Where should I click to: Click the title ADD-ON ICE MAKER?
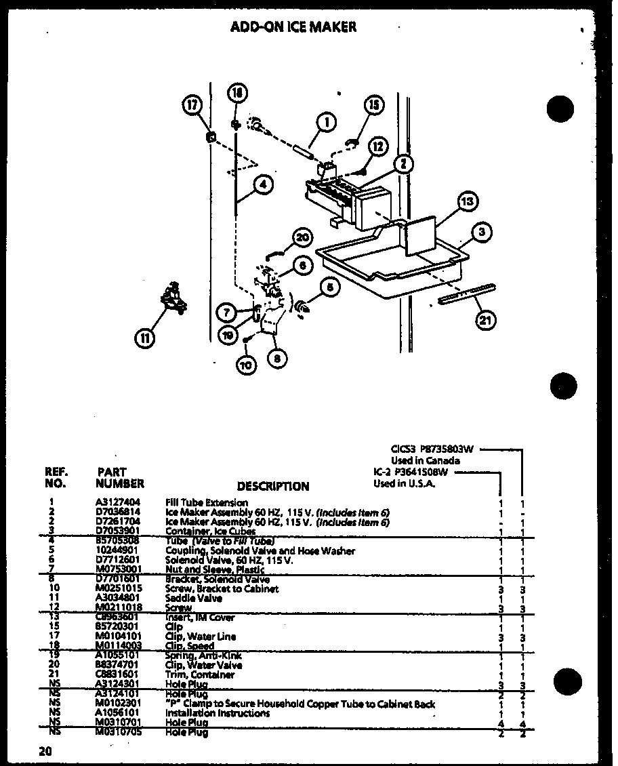pos(293,27)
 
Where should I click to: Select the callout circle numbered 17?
pos(193,105)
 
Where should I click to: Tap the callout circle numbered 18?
pos(238,94)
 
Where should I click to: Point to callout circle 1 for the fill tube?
pos(326,123)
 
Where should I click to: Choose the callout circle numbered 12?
pos(379,146)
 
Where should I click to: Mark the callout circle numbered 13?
pos(467,201)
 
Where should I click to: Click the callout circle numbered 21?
pos(485,321)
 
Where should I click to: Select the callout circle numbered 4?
pos(265,184)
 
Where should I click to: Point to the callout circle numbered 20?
pos(303,237)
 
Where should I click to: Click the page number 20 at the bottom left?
pos(45,751)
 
